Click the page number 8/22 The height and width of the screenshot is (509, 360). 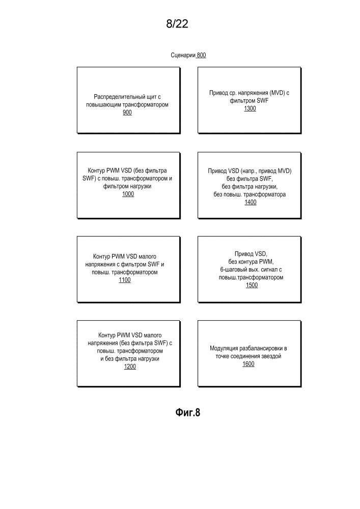pyautogui.click(x=177, y=24)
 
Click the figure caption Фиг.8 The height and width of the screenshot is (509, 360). pyautogui.click(x=188, y=412)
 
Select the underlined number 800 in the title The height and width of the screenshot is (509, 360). pyautogui.click(x=201, y=55)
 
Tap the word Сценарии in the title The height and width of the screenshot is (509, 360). pyautogui.click(x=183, y=55)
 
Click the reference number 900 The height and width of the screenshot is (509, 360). pyautogui.click(x=127, y=112)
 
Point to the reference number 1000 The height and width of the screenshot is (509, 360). pyautogui.click(x=128, y=194)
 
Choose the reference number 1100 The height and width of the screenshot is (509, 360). pyautogui.click(x=125, y=280)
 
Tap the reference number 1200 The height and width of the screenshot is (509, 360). pyautogui.click(x=130, y=366)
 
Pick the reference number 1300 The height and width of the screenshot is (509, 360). pyautogui.click(x=250, y=108)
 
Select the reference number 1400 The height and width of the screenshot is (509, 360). pyautogui.click(x=251, y=202)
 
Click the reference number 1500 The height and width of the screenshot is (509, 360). pyautogui.click(x=252, y=285)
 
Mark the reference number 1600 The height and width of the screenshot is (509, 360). pyautogui.click(x=248, y=364)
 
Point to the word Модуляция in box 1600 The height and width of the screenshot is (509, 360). pyautogui.click(x=224, y=348)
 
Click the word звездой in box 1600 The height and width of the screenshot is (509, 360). pyautogui.click(x=270, y=356)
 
